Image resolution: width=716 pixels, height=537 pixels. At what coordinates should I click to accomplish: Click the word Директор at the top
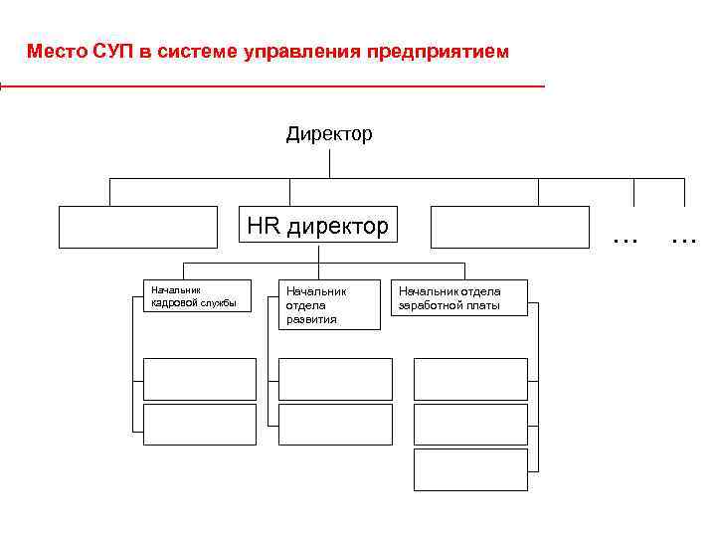pyautogui.click(x=329, y=133)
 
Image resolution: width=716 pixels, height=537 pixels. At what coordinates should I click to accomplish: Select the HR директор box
pyautogui.click(x=318, y=226)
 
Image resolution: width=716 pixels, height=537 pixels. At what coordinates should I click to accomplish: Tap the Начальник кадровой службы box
pyautogui.click(x=200, y=297)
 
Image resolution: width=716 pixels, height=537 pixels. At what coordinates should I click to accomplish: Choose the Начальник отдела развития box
pyautogui.click(x=329, y=304)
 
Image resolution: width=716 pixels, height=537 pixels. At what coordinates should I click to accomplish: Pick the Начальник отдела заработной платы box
pyautogui.click(x=459, y=297)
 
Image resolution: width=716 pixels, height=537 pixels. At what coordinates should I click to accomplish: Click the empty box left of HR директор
pyautogui.click(x=137, y=226)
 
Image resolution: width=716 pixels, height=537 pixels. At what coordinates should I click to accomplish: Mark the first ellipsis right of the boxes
pyautogui.click(x=625, y=238)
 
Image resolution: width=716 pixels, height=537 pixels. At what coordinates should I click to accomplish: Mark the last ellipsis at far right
pyautogui.click(x=683, y=238)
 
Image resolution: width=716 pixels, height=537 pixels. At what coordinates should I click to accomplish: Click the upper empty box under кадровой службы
pyautogui.click(x=200, y=379)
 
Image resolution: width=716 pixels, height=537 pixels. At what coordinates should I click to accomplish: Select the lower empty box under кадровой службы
pyautogui.click(x=200, y=424)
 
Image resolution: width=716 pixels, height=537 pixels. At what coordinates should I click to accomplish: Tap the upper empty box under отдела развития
pyautogui.click(x=335, y=379)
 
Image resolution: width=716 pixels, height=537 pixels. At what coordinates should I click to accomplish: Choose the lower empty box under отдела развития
pyautogui.click(x=335, y=424)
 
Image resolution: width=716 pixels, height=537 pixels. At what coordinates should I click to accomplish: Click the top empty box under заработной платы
pyautogui.click(x=470, y=379)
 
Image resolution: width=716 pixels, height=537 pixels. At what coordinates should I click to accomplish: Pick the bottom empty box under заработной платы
pyautogui.click(x=470, y=469)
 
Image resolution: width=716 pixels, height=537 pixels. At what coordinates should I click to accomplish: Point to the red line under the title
pyautogui.click(x=273, y=88)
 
